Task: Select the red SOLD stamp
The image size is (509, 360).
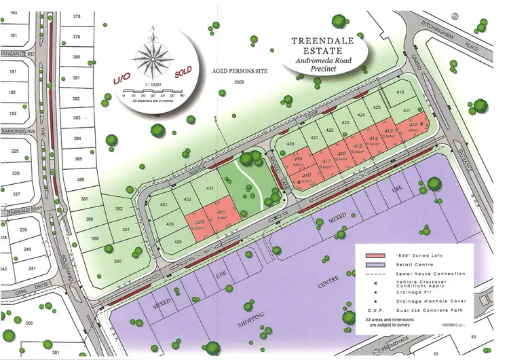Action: pos(183,71)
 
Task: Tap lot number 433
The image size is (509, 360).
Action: pos(210,187)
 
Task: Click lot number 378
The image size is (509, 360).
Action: pos(76,16)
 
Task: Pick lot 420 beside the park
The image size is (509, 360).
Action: pos(290,144)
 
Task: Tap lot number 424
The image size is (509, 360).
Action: pos(361,115)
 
